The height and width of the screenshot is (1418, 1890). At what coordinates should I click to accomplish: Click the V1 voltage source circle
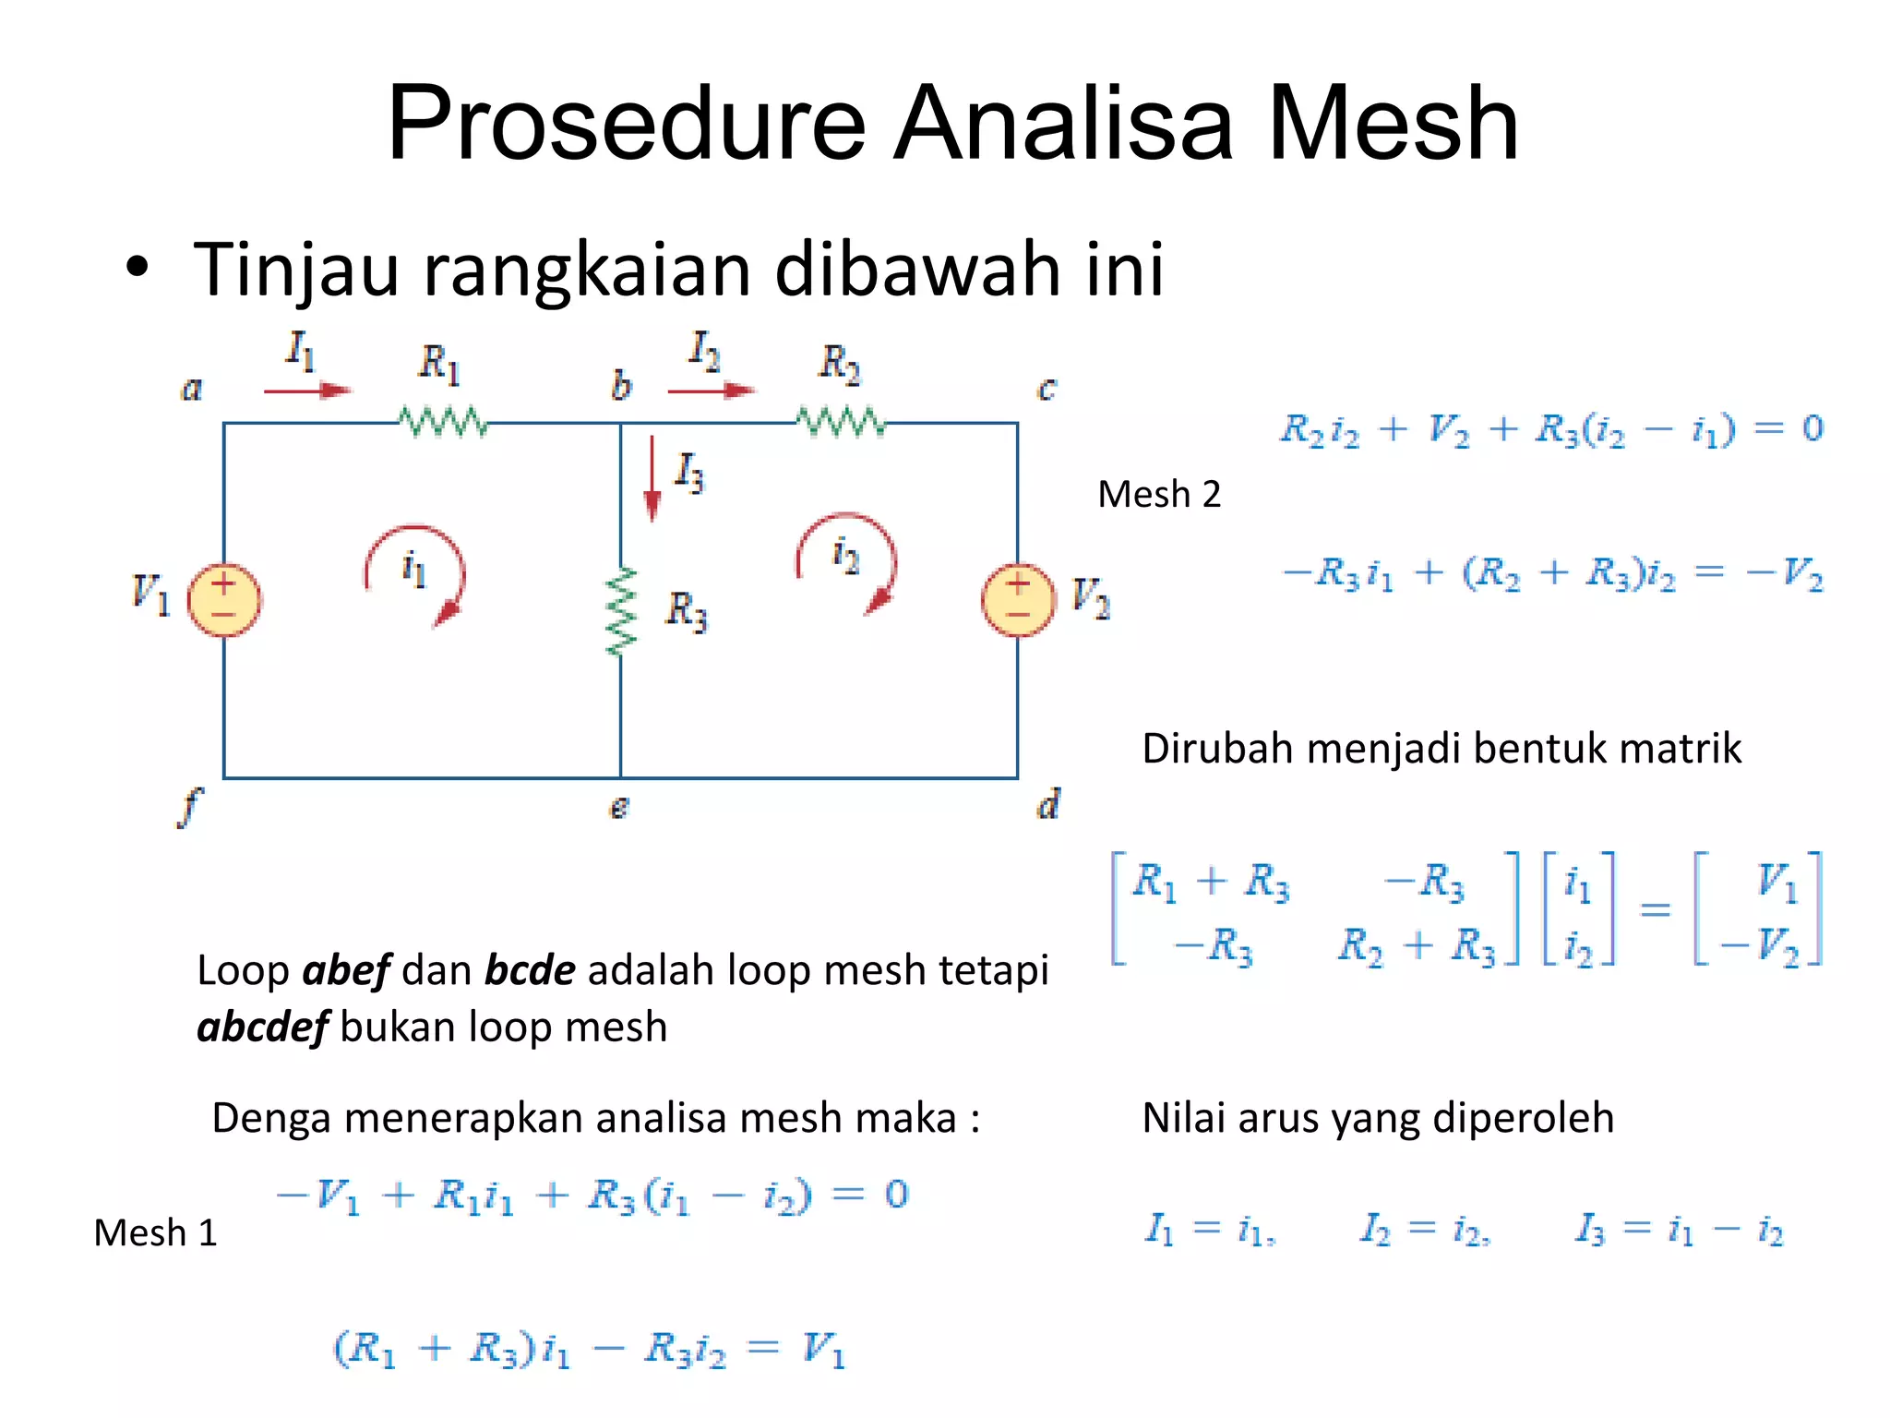click(224, 600)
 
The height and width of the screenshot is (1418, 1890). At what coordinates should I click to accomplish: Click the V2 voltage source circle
click(1018, 600)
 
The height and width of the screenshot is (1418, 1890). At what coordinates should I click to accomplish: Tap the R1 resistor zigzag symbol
click(443, 423)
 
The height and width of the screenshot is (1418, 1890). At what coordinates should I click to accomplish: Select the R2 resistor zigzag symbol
click(841, 423)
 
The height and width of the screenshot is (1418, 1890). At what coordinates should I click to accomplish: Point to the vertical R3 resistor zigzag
click(621, 611)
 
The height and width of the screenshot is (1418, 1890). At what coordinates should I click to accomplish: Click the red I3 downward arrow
click(652, 479)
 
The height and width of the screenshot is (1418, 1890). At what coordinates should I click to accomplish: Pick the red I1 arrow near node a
click(307, 391)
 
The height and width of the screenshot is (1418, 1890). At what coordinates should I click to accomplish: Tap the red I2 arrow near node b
click(711, 391)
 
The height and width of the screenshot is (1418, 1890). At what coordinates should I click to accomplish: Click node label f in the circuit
click(188, 808)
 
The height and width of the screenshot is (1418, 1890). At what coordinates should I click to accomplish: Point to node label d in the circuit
click(1048, 805)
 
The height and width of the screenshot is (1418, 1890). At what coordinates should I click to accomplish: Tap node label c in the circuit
click(1046, 390)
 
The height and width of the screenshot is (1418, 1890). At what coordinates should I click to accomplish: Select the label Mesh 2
click(1159, 495)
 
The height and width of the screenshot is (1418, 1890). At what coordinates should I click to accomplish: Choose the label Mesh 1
click(155, 1233)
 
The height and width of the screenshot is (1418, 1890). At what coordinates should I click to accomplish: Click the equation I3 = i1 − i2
click(1678, 1230)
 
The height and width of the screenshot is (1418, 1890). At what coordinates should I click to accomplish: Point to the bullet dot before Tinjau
click(138, 269)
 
